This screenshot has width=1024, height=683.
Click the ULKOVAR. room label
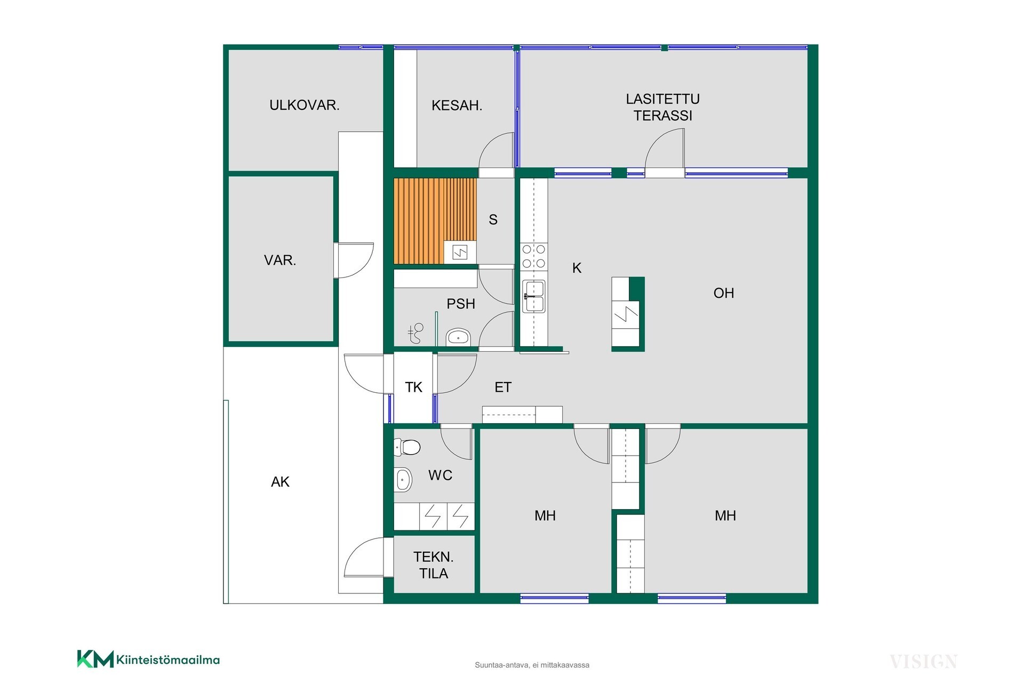pos(305,105)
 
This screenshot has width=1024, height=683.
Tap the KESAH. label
pos(457,106)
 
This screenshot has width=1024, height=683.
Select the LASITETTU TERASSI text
pos(663,107)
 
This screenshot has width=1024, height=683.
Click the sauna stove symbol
pos(460,252)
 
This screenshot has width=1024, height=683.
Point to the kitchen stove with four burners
pos(534,256)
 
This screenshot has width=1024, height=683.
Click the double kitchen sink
pos(534,296)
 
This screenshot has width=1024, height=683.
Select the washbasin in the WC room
pos(403,480)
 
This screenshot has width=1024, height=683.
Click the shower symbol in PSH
pos(415,333)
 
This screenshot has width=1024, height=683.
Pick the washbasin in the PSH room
pos(458,337)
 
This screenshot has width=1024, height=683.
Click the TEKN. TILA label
pos(434,565)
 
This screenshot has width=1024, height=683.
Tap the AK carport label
pos(280,482)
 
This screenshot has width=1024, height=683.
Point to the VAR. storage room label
pos(280,260)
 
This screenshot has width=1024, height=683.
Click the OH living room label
pos(724,293)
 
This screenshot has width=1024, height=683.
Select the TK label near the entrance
pos(414,387)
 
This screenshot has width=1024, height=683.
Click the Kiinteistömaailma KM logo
pos(148,660)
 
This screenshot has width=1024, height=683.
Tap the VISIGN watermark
pos(923,662)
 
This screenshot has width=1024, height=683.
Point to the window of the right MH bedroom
pos(692,599)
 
